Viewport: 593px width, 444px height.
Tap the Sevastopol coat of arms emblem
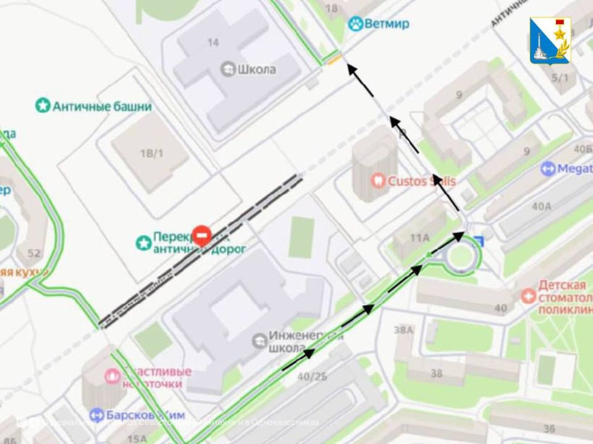click(550, 40)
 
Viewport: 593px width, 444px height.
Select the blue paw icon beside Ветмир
click(355, 24)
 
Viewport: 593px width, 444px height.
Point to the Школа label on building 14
click(257, 69)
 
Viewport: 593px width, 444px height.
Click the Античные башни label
click(102, 106)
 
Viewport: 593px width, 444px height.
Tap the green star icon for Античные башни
click(43, 106)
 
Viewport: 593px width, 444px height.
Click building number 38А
click(403, 330)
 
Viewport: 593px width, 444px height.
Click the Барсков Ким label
click(146, 415)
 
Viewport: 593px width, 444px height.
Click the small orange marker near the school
click(333, 60)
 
